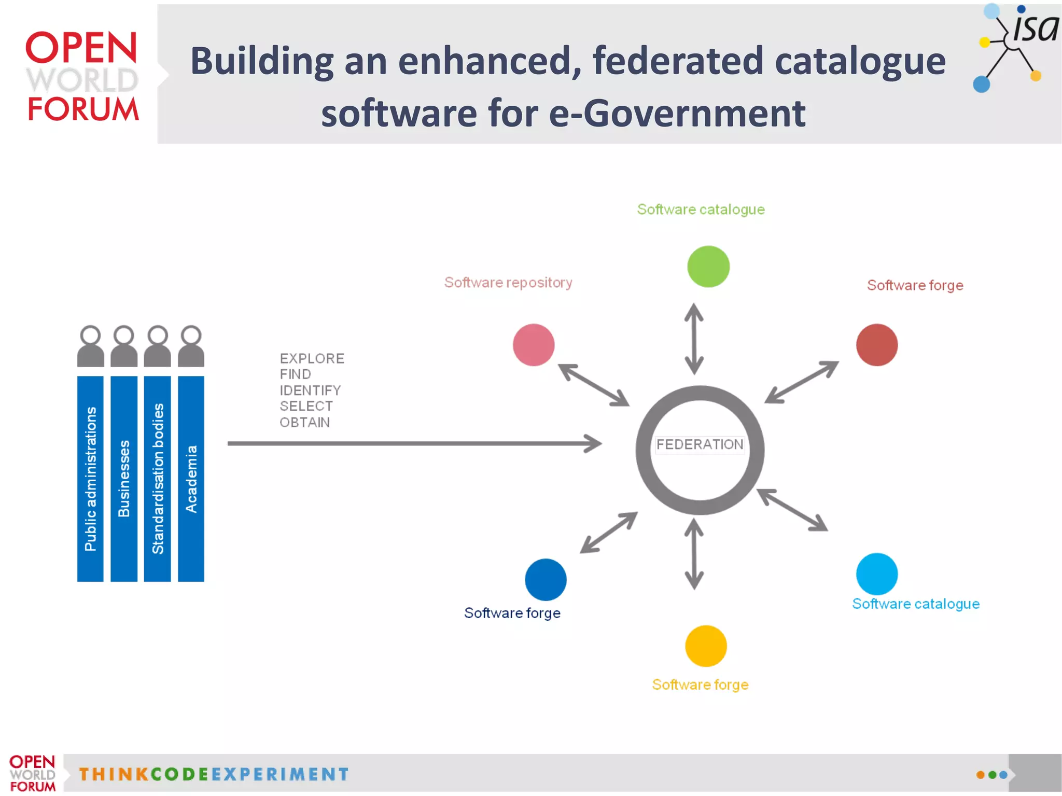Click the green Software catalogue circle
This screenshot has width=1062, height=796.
point(708,267)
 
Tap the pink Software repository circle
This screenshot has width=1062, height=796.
point(534,345)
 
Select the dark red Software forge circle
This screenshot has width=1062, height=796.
point(876,345)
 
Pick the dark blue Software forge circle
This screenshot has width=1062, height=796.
point(546,579)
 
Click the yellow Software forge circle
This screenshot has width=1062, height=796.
point(706,646)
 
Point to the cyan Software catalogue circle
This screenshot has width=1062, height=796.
point(876,574)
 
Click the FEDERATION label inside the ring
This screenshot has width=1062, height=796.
point(700,444)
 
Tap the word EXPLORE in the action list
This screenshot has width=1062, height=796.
point(312,358)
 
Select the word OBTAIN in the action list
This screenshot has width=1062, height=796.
point(304,423)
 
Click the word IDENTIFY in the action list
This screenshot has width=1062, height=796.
point(310,390)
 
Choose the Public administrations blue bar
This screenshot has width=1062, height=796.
point(90,478)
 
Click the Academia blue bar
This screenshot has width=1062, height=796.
point(191,478)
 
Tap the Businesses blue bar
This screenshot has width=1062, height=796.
point(124,478)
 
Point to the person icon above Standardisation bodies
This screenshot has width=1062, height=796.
point(157,346)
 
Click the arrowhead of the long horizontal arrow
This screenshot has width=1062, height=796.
point(594,443)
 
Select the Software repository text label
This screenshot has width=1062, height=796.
point(508,283)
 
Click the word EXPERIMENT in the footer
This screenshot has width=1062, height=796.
point(280,774)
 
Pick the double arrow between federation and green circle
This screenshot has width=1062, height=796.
point(694,339)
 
